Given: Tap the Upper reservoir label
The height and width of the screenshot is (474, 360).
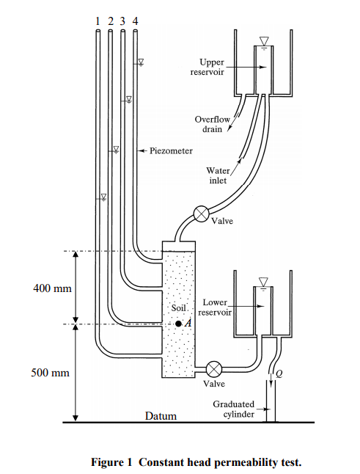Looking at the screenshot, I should click(x=212, y=68).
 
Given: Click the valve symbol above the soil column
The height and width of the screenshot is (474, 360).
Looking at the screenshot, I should click(x=201, y=214).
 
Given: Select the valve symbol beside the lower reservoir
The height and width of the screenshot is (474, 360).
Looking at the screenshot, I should click(x=214, y=368).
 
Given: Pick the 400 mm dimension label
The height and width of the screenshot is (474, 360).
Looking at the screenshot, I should click(x=53, y=288).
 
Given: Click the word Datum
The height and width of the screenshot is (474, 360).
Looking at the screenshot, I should click(x=161, y=416).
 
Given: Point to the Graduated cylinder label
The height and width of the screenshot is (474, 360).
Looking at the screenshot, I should click(x=233, y=409).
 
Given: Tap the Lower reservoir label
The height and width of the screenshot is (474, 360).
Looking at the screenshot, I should click(x=216, y=307).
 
